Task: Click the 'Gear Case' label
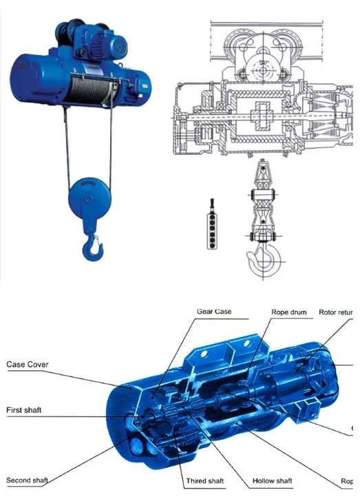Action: tap(214, 312)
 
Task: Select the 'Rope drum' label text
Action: tap(289, 312)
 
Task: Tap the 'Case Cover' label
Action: tap(28, 365)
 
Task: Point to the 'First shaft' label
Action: tap(24, 410)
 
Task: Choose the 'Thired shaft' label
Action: tap(204, 480)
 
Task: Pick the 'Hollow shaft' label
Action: tap(273, 480)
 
